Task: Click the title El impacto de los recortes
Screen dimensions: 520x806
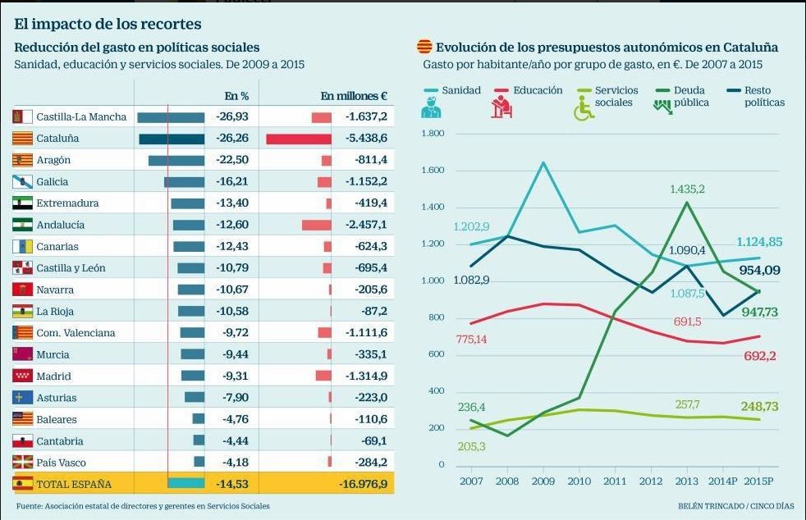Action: [108, 25]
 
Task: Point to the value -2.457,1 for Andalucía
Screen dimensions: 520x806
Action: [365, 225]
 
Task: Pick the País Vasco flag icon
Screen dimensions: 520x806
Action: [23, 463]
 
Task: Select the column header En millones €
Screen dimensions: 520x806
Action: [354, 96]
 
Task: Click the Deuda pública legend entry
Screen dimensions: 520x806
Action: [689, 96]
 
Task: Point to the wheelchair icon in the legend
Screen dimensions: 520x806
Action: [583, 109]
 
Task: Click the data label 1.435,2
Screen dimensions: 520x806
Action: [687, 189]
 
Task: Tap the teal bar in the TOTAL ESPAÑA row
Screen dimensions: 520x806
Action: [185, 484]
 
